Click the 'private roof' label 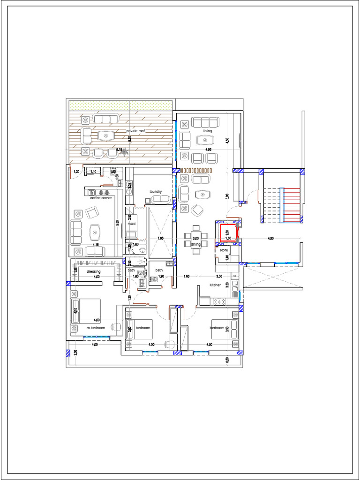click(x=135, y=131)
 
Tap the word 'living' click(x=207, y=131)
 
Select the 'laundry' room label click(x=156, y=191)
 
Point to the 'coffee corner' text click(x=101, y=198)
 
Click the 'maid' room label click(x=131, y=224)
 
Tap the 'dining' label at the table click(x=196, y=244)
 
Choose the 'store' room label click(x=224, y=250)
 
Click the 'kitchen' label click(x=215, y=285)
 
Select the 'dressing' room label click(x=93, y=271)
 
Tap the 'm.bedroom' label click(x=95, y=328)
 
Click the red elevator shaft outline click(x=227, y=233)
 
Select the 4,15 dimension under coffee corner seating click(x=95, y=245)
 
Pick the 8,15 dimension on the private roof click(x=119, y=150)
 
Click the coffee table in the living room click(x=205, y=139)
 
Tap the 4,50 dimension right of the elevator click(x=270, y=239)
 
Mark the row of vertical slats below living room click(x=197, y=170)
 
